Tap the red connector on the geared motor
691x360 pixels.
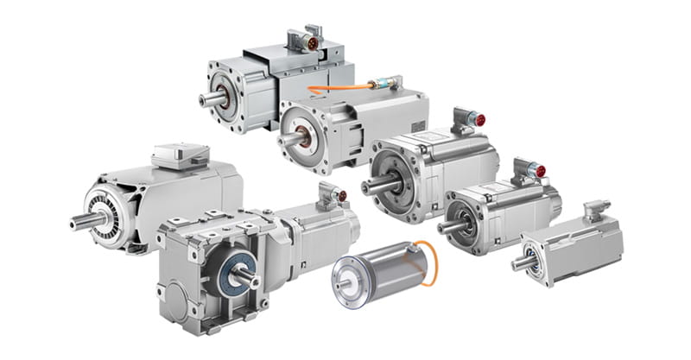pyautogui.click(x=343, y=196)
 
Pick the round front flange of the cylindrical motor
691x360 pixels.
pyautogui.click(x=353, y=279)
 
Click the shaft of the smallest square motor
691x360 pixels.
pyautogui.click(x=519, y=262)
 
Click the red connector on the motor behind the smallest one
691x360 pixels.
pyautogui.click(x=542, y=170)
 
